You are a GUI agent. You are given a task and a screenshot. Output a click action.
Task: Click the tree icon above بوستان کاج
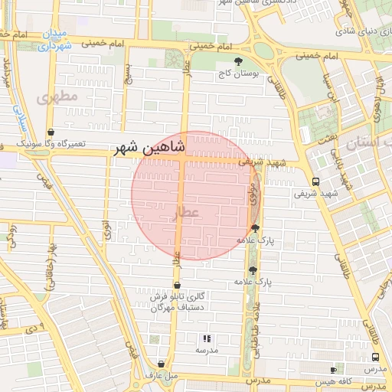[238, 61]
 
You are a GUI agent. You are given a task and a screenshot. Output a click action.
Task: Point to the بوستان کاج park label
[238, 74]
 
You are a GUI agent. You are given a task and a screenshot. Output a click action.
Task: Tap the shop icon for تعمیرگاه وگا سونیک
[51, 132]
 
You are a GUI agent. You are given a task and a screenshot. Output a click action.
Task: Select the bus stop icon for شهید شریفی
[315, 181]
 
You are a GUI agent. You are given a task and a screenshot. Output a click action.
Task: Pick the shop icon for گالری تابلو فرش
[177, 286]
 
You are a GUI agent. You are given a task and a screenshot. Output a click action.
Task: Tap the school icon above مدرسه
[206, 338]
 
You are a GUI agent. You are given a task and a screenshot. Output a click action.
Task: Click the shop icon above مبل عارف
[160, 364]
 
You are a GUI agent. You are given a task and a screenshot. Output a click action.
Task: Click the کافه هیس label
[338, 381]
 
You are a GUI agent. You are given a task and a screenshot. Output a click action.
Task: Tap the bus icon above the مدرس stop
[375, 357]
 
